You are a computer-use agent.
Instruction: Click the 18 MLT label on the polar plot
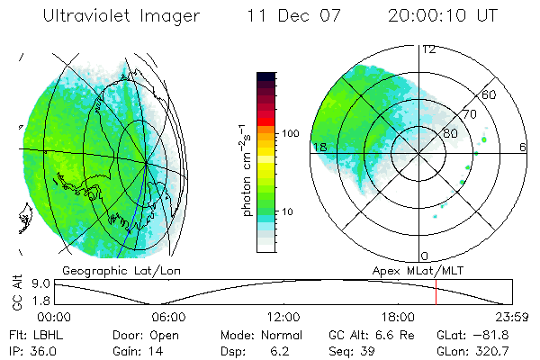coord(318,147)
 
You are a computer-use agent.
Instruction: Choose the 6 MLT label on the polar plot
coord(523,147)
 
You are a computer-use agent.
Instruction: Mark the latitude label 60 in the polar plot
coord(490,94)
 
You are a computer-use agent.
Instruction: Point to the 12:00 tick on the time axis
coord(283,317)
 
